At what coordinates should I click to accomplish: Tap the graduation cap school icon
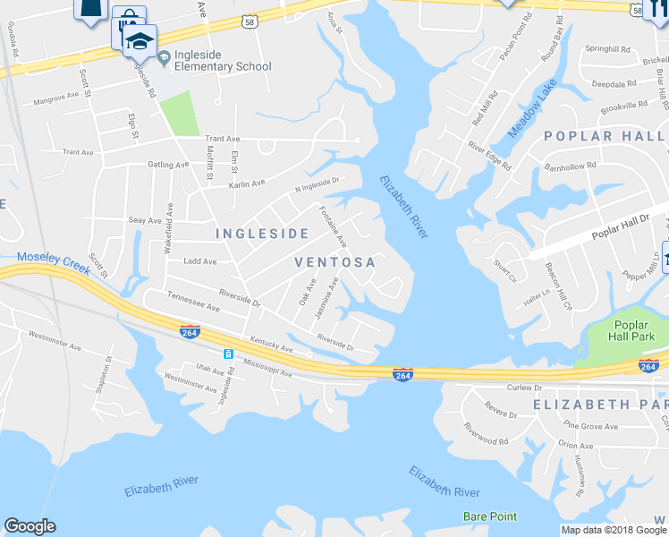[140, 40]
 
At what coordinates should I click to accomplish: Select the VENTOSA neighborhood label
[335, 262]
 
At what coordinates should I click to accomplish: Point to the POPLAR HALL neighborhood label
[604, 136]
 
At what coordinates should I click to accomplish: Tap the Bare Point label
[490, 516]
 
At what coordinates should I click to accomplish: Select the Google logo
[30, 526]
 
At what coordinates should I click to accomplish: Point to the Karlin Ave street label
[247, 183]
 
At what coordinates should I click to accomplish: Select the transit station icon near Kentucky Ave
[229, 354]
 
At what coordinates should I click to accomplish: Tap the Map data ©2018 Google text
[614, 530]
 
